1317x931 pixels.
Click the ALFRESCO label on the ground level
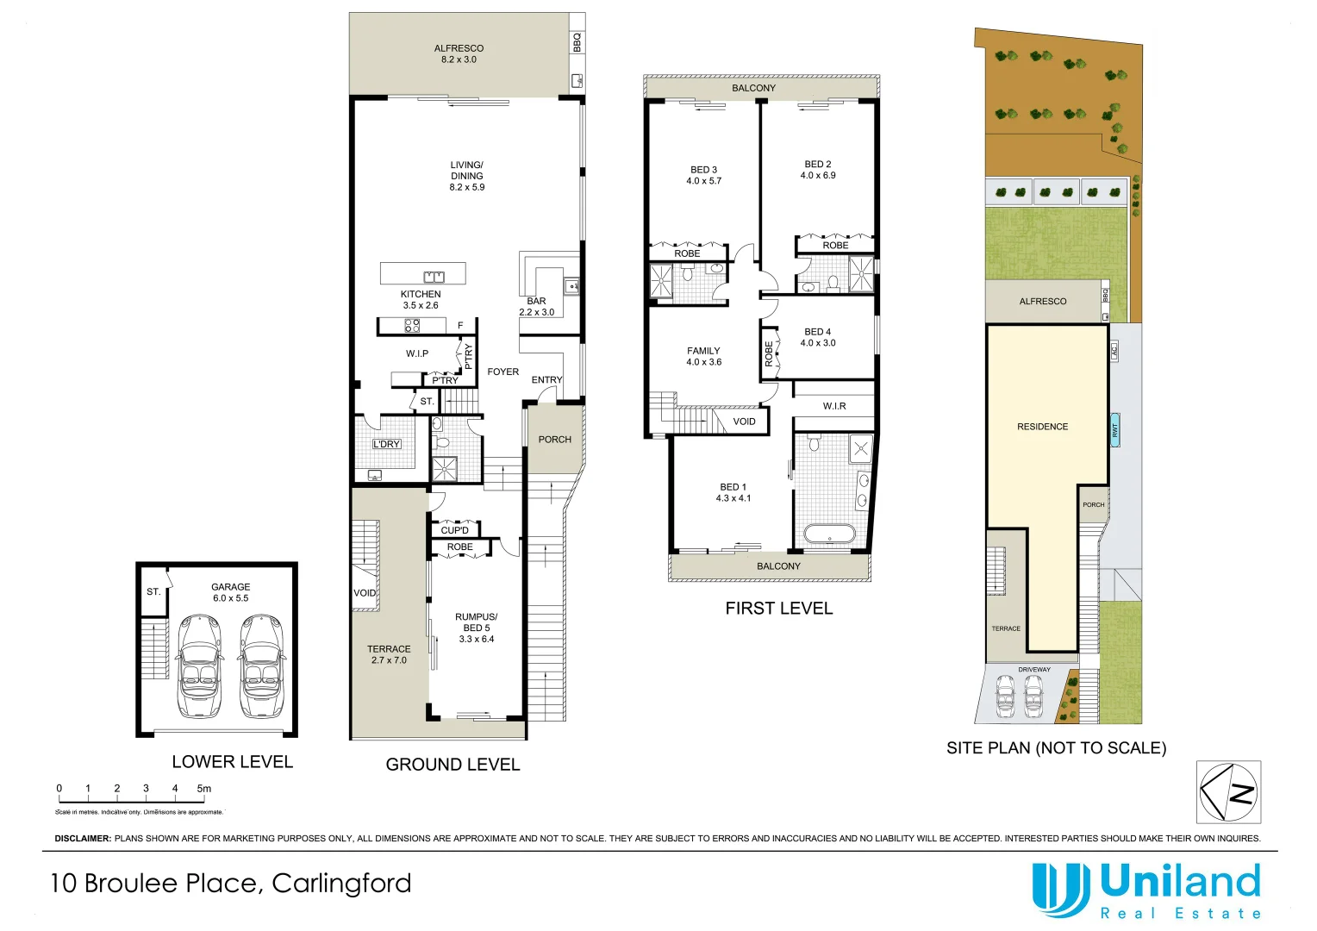click(x=459, y=49)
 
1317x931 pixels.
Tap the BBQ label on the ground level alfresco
click(x=577, y=42)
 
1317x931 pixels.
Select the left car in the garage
click(x=199, y=665)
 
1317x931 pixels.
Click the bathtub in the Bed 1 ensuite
click(x=829, y=534)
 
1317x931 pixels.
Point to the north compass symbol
click(x=1229, y=792)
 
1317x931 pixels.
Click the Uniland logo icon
click(x=1060, y=890)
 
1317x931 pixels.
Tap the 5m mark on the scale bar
click(x=203, y=788)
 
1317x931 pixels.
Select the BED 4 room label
click(x=817, y=332)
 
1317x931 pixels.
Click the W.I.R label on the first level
click(x=834, y=406)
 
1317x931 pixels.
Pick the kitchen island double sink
click(x=434, y=277)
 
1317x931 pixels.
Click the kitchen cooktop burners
click(x=412, y=326)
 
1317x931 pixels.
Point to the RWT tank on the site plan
click(x=1114, y=429)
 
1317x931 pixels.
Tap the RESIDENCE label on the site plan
click(x=1042, y=427)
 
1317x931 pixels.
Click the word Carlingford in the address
click(x=341, y=884)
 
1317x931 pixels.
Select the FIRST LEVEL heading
click(x=779, y=609)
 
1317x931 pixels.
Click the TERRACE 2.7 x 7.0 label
click(x=389, y=654)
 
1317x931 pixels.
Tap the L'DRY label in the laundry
click(x=386, y=444)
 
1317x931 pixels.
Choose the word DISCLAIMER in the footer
click(x=83, y=838)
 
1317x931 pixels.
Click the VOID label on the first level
click(x=744, y=422)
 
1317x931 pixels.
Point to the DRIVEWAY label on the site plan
click(x=1034, y=670)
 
